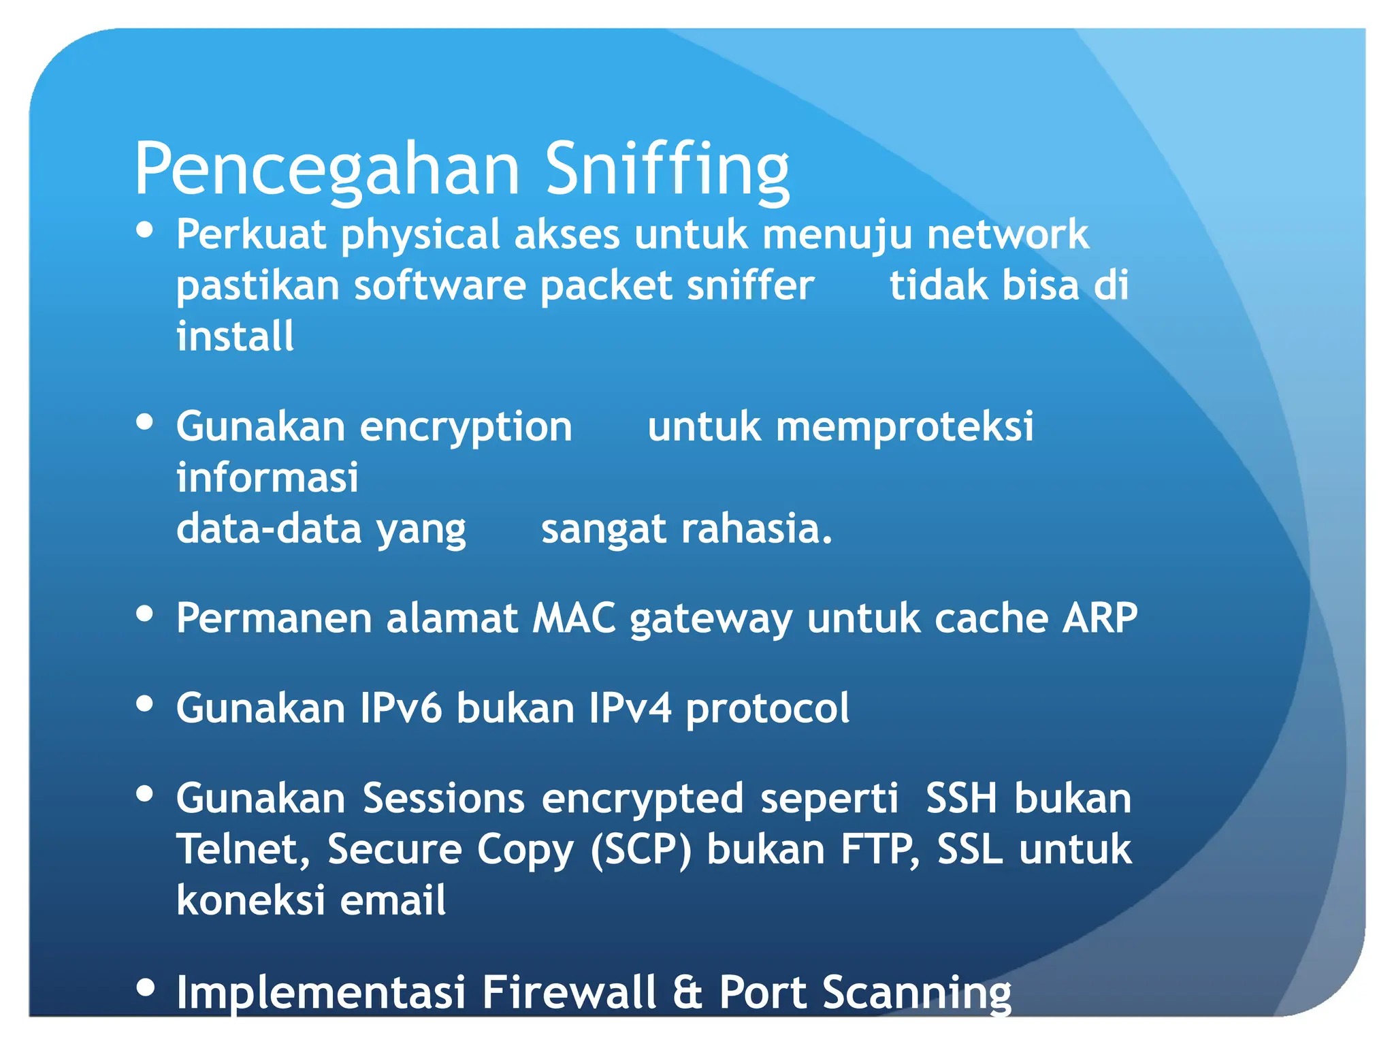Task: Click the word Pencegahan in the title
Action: coord(327,169)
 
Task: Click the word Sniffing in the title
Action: coord(666,169)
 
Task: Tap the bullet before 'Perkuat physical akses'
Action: coord(144,230)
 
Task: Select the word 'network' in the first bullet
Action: coord(1007,234)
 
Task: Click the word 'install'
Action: coord(235,336)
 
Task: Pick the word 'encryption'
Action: coord(466,428)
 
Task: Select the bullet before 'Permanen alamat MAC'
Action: coord(144,614)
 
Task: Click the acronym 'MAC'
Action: coord(574,618)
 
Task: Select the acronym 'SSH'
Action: coord(961,798)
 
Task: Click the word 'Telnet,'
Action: coord(243,850)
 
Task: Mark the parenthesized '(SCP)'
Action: coord(641,850)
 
